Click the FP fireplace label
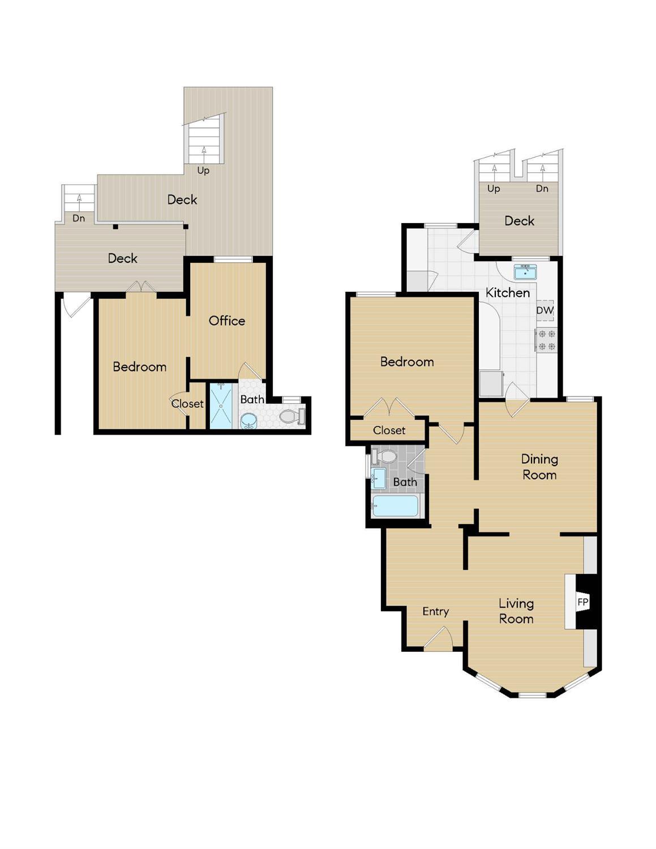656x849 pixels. [582, 602]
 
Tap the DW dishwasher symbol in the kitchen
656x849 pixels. [545, 310]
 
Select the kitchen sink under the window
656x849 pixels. [526, 272]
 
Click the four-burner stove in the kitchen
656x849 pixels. [546, 340]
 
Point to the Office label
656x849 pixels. [227, 321]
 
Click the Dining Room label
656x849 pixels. [539, 467]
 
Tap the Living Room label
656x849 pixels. [516, 611]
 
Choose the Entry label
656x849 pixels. [435, 612]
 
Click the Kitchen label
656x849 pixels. [508, 293]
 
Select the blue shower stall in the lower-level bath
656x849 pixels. [221, 406]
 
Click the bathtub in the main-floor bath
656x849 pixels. [395, 506]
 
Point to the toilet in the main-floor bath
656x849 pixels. [383, 457]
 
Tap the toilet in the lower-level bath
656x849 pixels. [292, 416]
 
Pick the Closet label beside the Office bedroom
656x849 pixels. [187, 404]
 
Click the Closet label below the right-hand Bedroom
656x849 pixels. [389, 430]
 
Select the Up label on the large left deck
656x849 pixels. [203, 170]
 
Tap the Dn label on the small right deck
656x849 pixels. [542, 189]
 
